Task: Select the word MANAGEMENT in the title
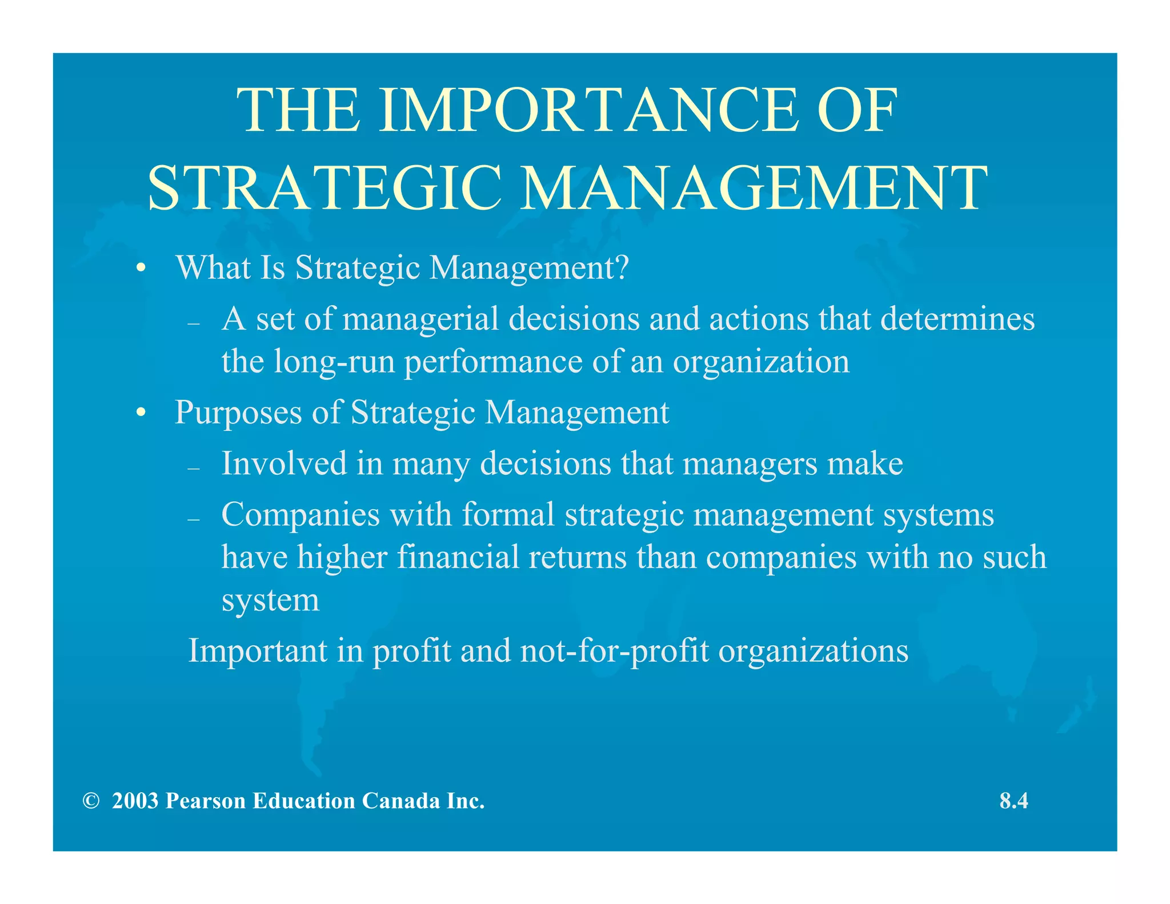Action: (x=755, y=188)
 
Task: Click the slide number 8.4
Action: (x=1013, y=801)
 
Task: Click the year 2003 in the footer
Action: (x=135, y=801)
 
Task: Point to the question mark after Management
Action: (x=622, y=267)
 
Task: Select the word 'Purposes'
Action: (x=238, y=413)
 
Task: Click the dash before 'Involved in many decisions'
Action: (x=194, y=469)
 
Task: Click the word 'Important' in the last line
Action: (x=258, y=650)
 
